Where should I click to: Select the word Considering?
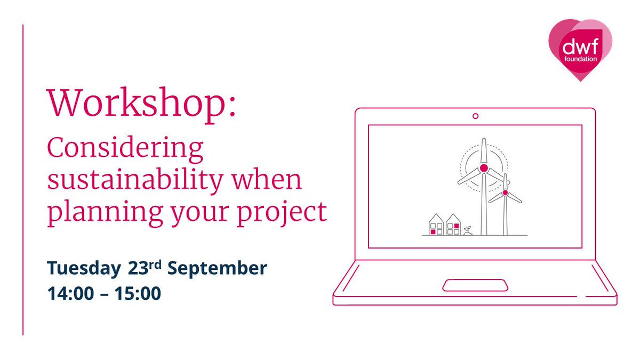point(125,150)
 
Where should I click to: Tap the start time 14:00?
point(71,293)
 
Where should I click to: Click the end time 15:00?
point(137,293)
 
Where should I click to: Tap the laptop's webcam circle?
point(475,116)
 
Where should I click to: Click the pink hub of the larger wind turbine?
point(484,168)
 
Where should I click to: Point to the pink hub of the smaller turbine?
point(505,193)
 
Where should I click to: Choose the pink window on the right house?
point(457,226)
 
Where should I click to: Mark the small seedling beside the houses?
point(467,230)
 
